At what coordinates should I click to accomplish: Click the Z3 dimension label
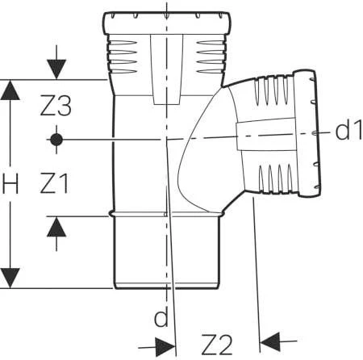(56, 105)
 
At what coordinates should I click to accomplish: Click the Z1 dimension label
(54, 183)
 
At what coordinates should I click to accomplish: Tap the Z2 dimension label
(217, 345)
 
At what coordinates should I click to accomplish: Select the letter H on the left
(10, 183)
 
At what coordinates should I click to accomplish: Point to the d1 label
(348, 131)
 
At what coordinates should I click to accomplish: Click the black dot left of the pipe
(56, 140)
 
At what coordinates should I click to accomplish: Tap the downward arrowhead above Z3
(56, 69)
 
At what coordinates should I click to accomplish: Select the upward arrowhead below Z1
(56, 227)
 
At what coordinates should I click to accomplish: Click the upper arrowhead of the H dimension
(10, 90)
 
